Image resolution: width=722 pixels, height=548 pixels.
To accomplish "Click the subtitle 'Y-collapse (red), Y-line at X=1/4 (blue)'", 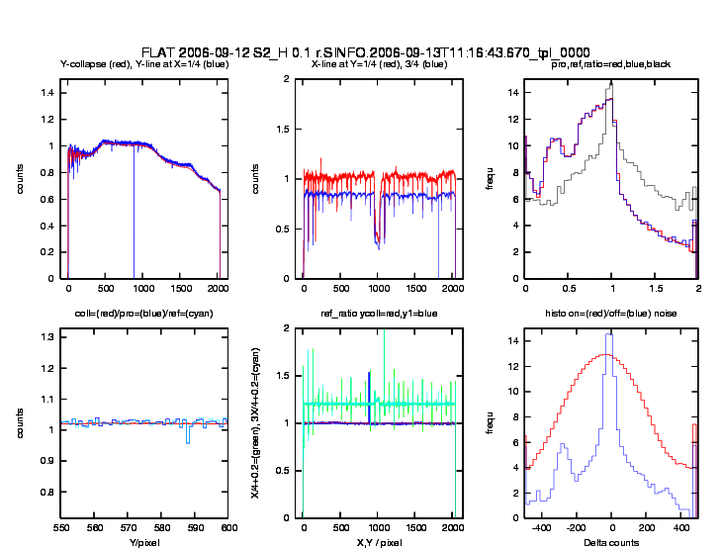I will point(144,65).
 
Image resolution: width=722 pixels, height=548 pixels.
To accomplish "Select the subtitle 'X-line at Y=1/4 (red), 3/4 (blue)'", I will point(379,65).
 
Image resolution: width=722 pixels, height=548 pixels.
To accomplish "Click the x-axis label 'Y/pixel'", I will point(144,542).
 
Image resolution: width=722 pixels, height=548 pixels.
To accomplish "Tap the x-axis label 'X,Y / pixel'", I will point(379,542).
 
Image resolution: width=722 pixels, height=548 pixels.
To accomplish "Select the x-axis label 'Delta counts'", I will point(610,542).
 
